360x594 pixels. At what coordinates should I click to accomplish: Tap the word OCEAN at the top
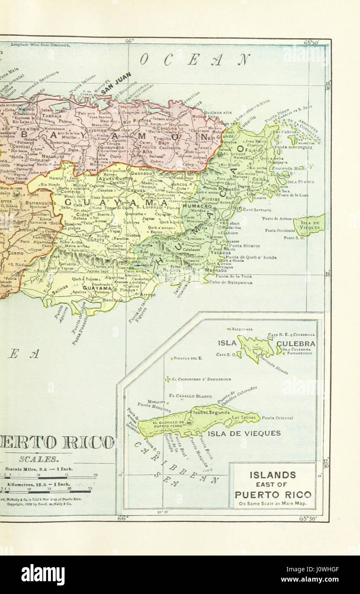(195, 60)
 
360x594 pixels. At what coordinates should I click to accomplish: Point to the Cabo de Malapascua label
(230, 282)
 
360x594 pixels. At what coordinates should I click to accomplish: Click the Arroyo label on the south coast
(148, 294)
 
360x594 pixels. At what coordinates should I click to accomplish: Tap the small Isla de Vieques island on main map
(309, 224)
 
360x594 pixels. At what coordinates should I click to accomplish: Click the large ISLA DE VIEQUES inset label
(244, 433)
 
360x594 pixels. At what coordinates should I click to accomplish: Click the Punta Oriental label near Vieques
(277, 418)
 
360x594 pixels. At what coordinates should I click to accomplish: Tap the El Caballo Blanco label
(190, 396)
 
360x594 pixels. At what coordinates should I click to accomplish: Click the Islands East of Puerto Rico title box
(273, 486)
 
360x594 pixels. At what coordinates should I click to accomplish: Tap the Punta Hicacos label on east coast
(245, 246)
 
